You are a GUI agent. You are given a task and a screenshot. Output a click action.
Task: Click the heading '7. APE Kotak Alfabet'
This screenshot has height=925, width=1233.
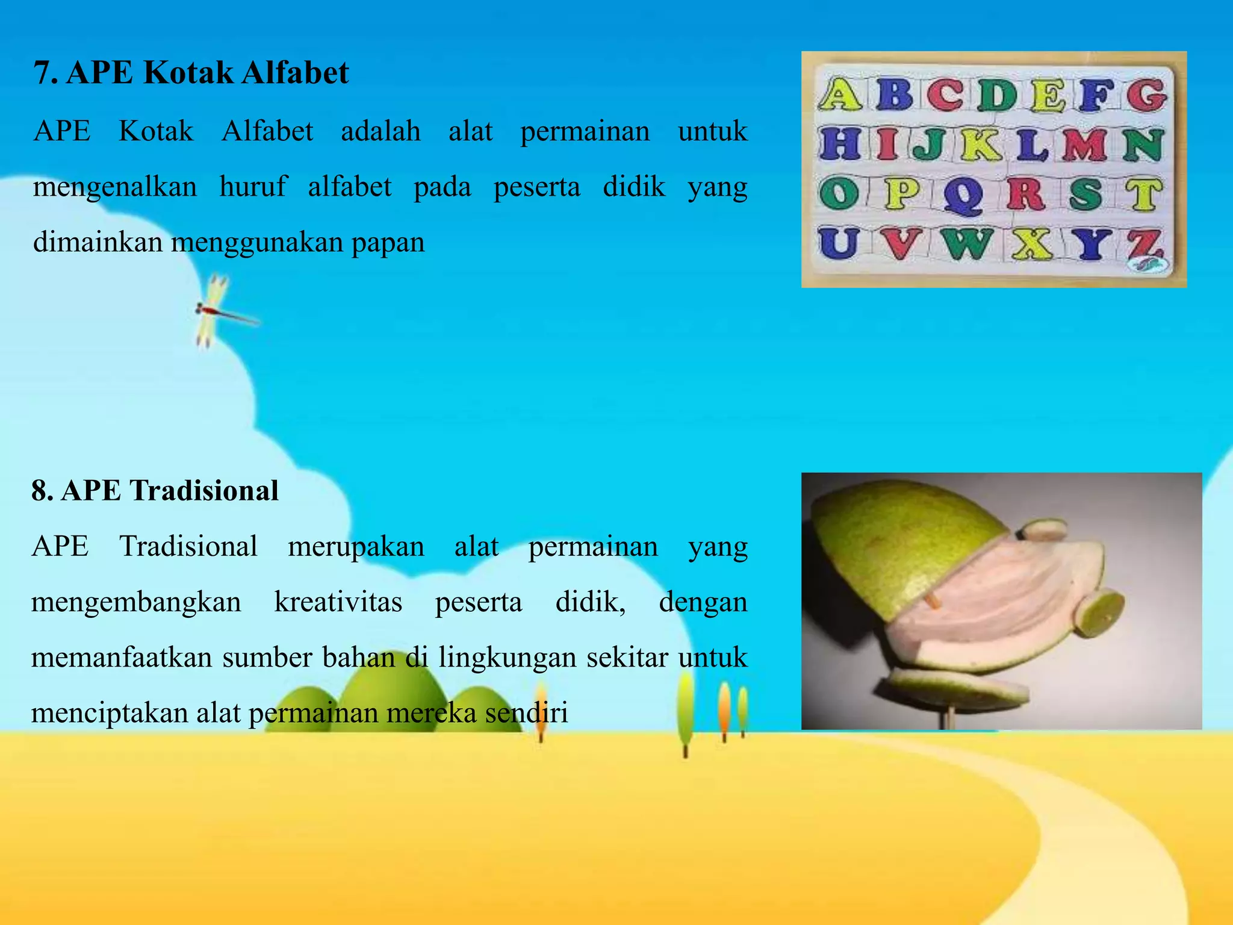click(191, 73)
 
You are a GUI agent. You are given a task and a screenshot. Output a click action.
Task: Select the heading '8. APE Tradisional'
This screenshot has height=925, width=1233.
click(155, 490)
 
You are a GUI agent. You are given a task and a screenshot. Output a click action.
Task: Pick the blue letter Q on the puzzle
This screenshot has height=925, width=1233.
click(963, 196)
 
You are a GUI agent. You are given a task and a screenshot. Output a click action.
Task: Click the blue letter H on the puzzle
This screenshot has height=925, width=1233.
click(839, 145)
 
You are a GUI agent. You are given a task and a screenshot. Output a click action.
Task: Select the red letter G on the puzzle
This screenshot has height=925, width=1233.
click(1147, 95)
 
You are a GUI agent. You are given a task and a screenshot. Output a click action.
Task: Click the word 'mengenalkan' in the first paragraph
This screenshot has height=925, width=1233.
click(115, 187)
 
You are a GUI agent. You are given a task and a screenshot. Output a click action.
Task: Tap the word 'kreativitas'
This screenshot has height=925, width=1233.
click(338, 602)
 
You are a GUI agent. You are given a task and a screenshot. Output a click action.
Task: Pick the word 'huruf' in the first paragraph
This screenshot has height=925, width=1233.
click(253, 186)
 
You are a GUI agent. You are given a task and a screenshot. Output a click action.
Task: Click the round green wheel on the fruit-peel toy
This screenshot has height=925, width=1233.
click(1099, 614)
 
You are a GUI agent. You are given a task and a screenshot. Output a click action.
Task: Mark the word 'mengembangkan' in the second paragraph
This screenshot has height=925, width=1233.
click(136, 602)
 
